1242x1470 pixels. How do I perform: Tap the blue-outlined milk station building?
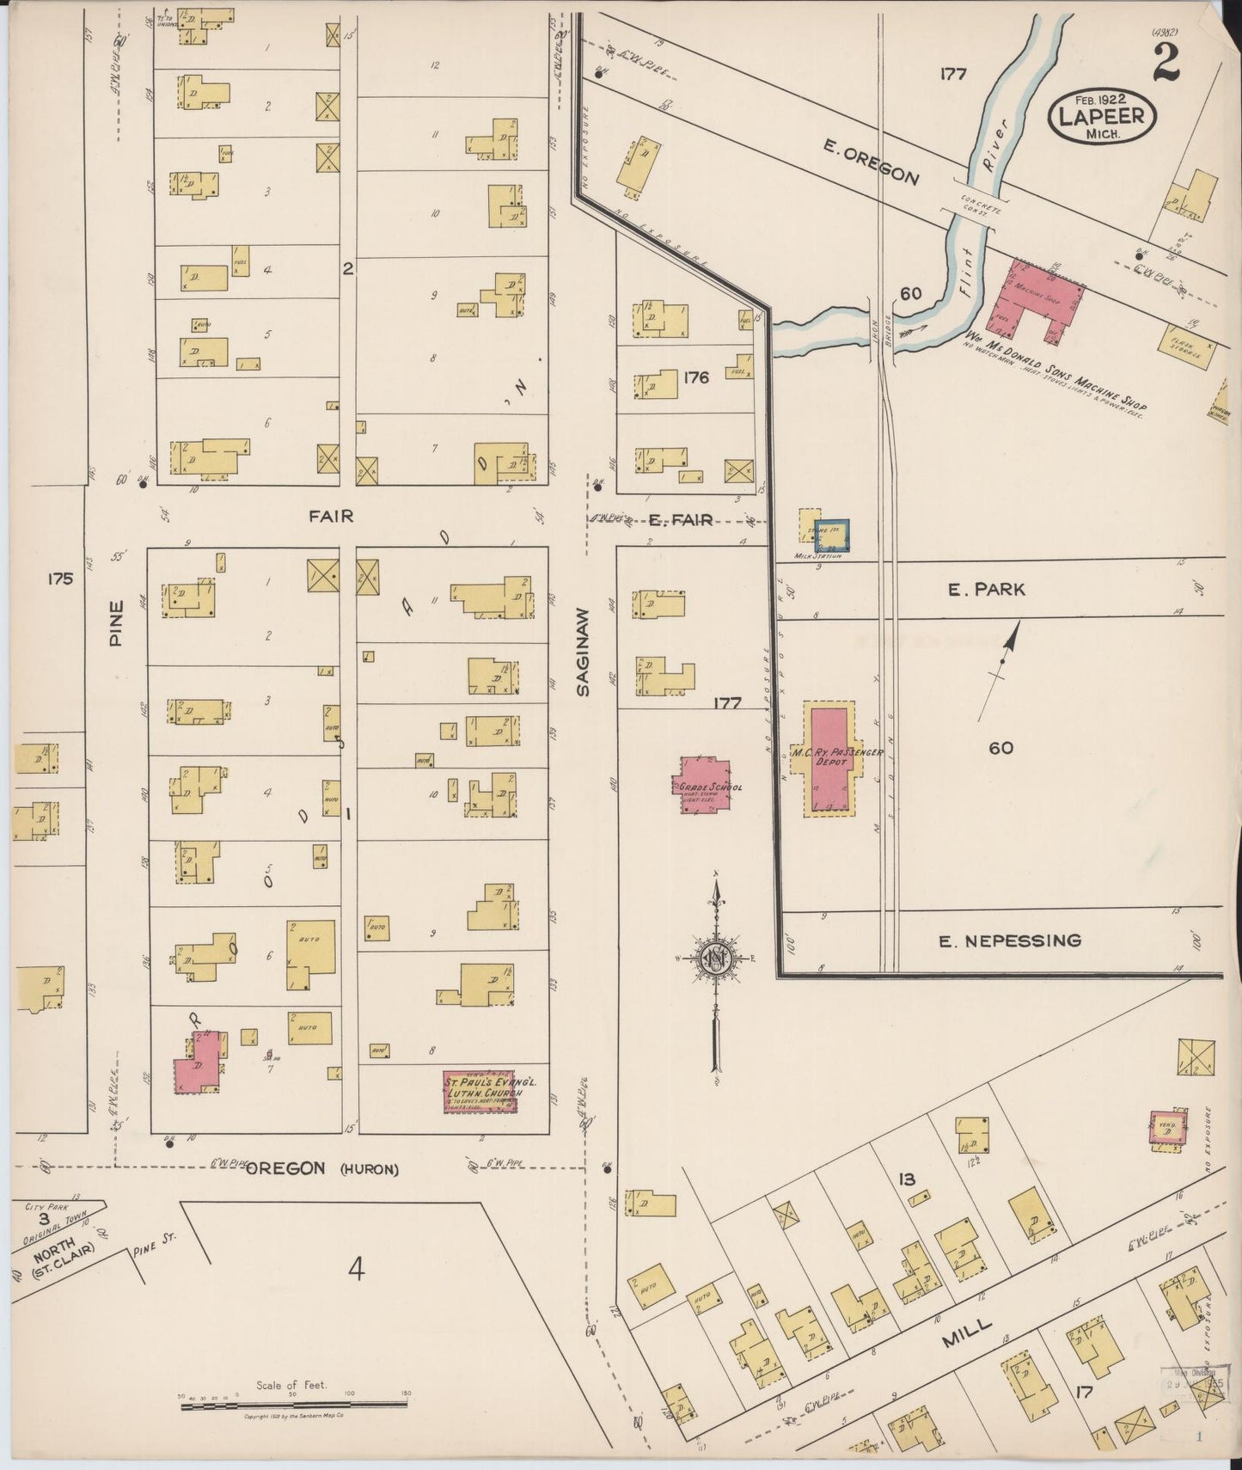pyautogui.click(x=832, y=536)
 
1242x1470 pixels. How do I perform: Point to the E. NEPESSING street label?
pyautogui.click(x=1009, y=940)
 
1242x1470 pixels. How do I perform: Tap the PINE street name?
pyautogui.click(x=117, y=622)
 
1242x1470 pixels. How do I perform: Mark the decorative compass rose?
pyautogui.click(x=715, y=961)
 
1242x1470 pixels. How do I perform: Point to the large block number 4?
pyautogui.click(x=357, y=1268)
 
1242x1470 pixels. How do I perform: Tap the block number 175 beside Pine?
pyautogui.click(x=59, y=579)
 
